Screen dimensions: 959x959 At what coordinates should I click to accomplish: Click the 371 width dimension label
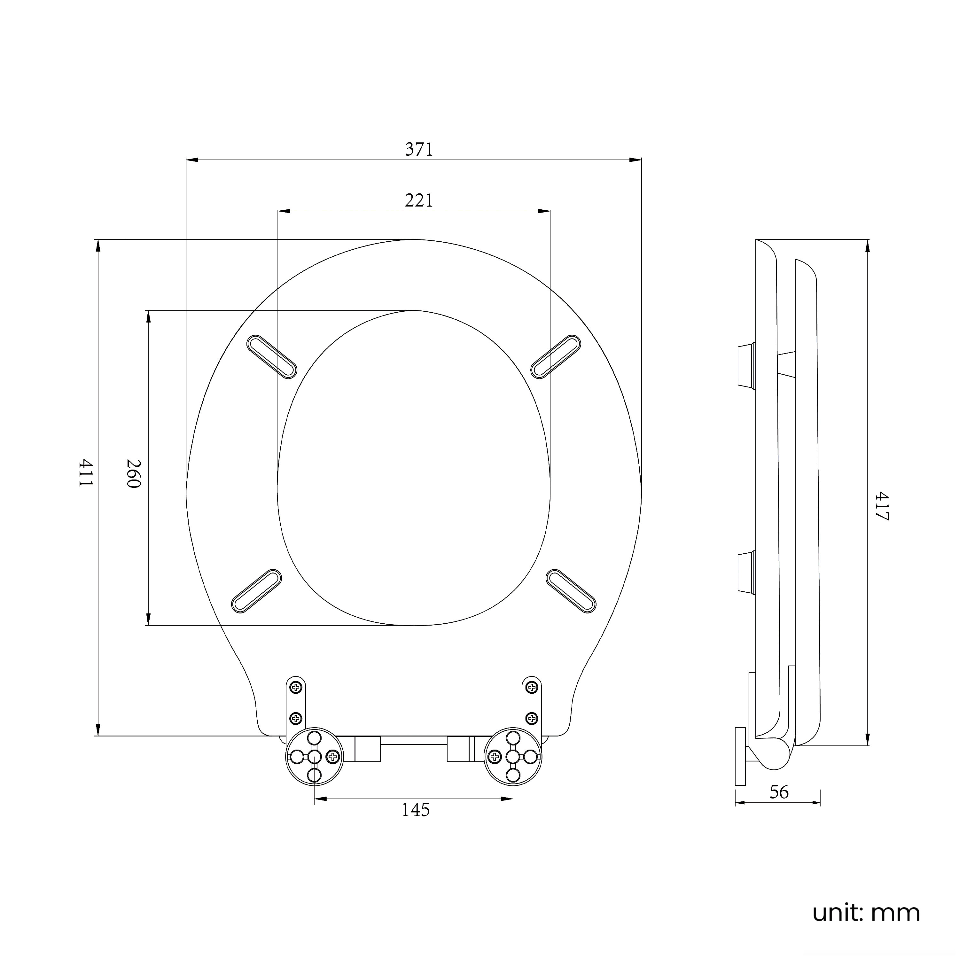click(419, 149)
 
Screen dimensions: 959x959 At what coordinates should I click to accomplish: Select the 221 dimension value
click(419, 200)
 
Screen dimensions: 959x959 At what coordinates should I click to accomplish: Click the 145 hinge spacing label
click(416, 810)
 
